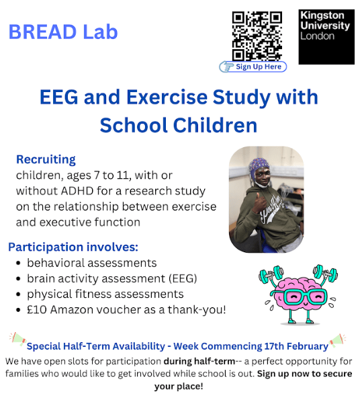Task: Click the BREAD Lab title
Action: point(63,32)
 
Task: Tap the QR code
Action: point(257,36)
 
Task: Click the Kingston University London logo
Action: point(326,37)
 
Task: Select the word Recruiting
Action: point(46,160)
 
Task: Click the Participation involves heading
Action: point(73,247)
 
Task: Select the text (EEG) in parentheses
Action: point(183,278)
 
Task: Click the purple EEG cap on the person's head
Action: point(259,166)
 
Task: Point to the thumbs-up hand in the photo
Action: point(259,204)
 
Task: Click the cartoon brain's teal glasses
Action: point(305,297)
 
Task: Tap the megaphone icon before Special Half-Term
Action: point(17,338)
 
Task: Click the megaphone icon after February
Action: point(337,340)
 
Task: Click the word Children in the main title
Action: point(215,125)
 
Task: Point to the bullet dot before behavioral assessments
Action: point(18,264)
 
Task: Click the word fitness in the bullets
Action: point(93,294)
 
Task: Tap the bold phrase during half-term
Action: point(199,361)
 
